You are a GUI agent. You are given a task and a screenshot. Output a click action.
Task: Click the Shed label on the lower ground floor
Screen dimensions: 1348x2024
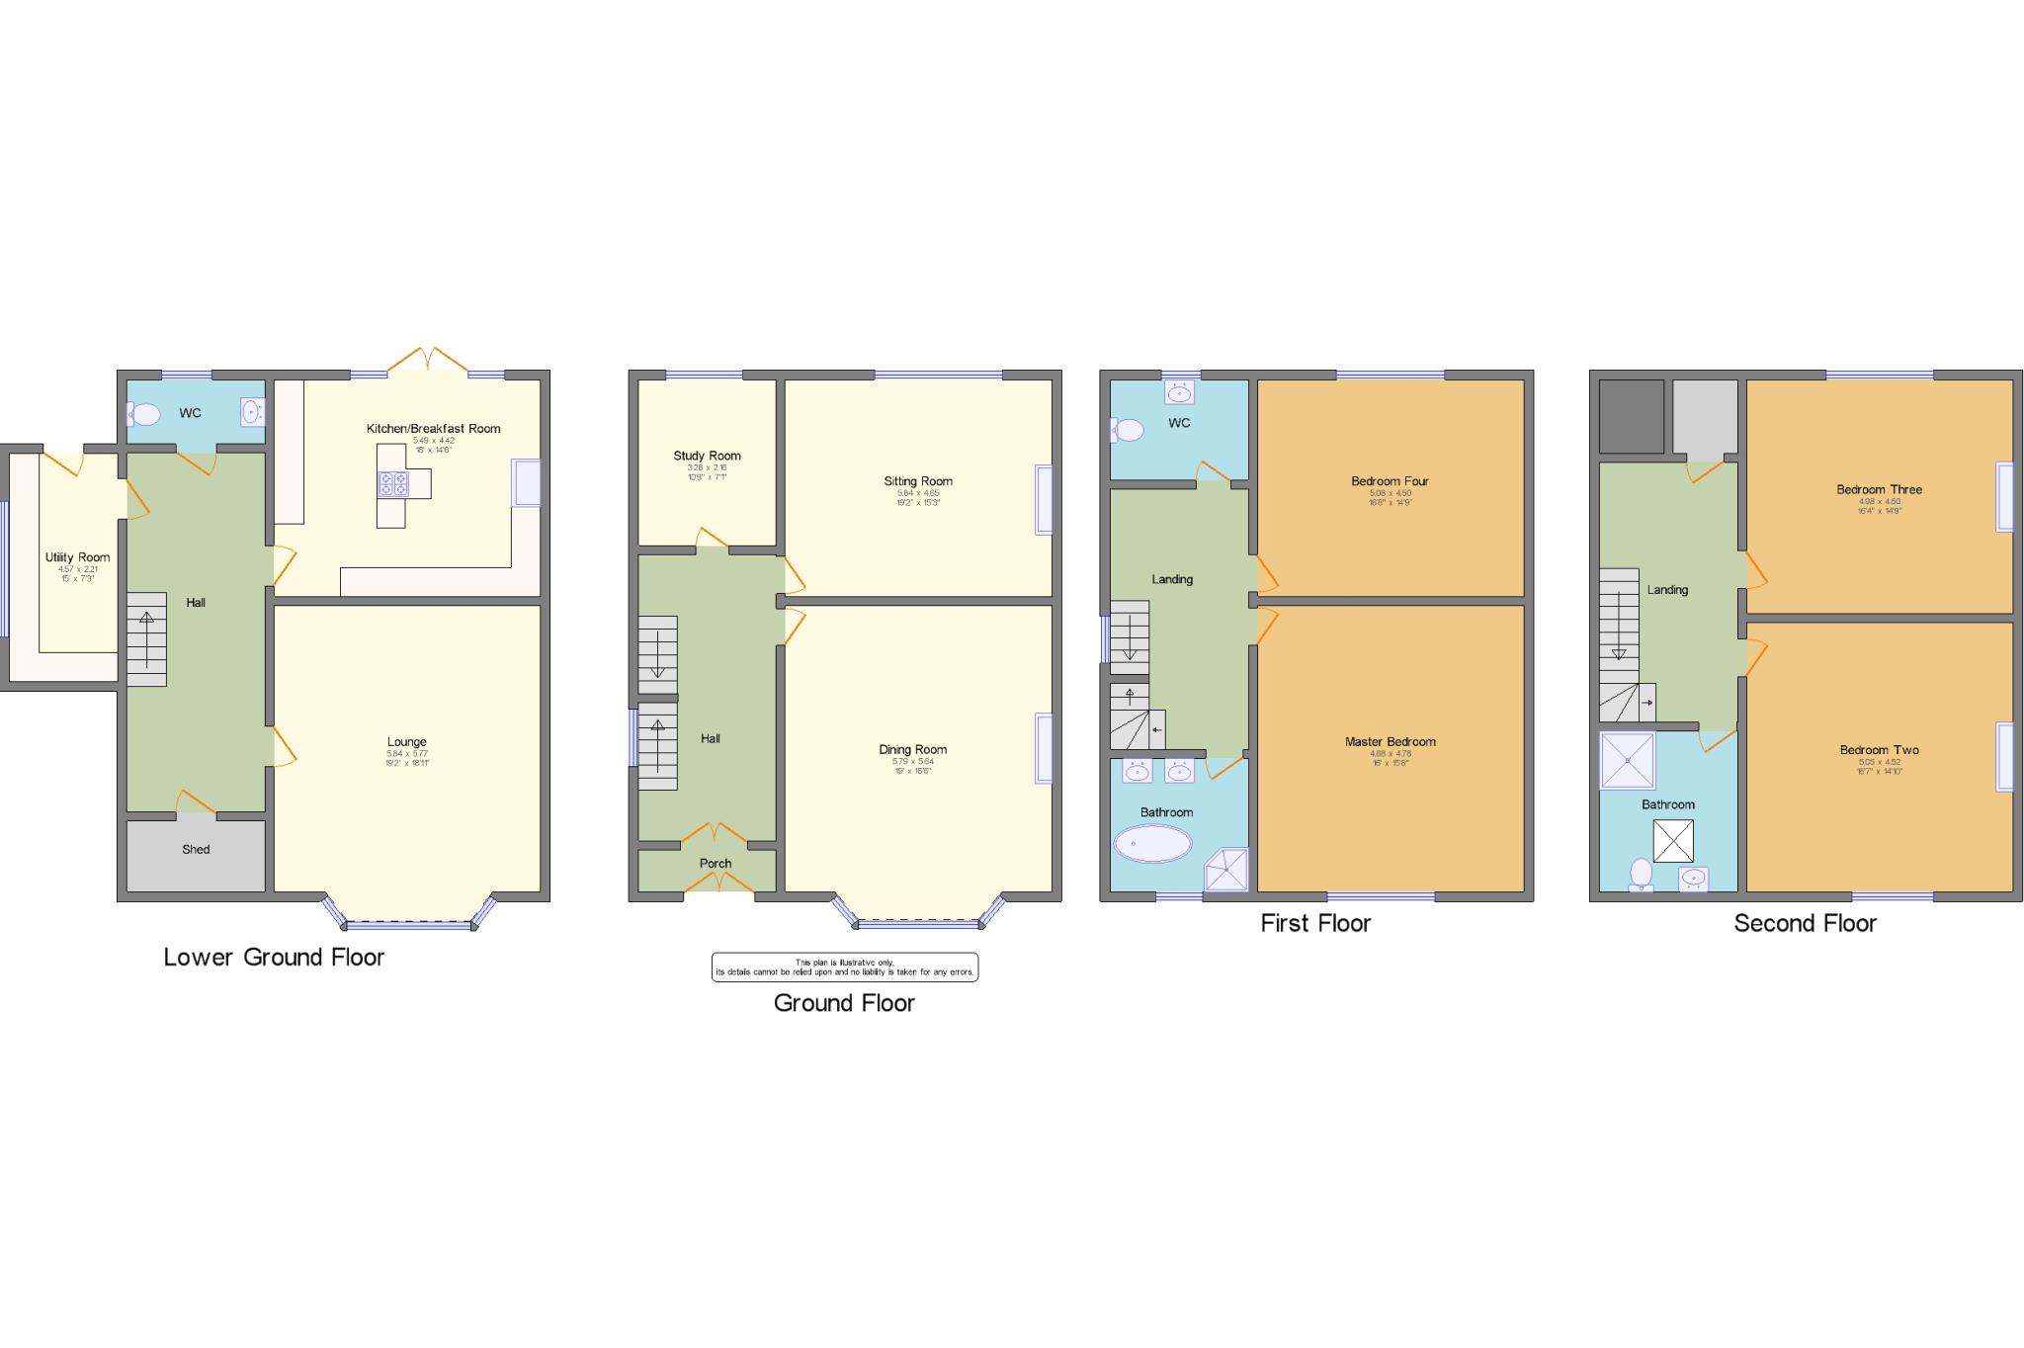196,849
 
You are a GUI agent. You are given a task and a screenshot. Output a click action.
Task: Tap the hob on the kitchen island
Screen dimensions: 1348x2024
393,483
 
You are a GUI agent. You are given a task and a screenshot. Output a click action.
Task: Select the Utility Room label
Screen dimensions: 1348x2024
77,557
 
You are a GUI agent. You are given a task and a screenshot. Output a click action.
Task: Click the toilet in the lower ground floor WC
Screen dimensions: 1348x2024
143,414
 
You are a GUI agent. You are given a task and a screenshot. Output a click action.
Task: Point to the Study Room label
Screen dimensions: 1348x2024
707,456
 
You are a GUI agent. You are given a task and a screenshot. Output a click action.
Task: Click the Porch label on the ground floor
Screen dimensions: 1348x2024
716,864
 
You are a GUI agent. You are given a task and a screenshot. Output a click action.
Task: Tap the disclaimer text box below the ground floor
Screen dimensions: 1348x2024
844,968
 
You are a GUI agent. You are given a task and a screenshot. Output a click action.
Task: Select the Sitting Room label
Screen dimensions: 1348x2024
918,481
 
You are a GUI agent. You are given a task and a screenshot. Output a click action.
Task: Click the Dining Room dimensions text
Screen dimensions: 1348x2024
912,766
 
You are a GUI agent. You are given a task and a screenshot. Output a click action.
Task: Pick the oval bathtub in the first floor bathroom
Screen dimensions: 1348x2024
1152,844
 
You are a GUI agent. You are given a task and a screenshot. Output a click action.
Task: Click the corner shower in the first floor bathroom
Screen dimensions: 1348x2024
1225,870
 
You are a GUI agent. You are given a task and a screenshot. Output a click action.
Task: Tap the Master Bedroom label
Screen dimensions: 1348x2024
1390,741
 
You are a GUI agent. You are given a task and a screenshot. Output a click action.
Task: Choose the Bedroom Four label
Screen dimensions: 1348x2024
1390,481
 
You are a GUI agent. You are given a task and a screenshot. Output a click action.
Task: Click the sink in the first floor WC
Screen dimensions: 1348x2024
1179,393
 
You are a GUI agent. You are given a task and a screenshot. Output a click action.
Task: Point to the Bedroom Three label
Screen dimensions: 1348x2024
1879,489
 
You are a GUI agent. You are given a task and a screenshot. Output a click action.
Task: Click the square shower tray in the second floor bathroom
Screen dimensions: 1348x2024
1627,760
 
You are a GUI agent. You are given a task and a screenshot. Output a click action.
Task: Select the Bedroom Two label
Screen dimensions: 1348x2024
1879,750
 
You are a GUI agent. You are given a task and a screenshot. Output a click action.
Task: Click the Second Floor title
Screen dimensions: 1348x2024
1805,923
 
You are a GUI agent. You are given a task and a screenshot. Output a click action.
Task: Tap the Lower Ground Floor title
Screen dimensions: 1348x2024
274,957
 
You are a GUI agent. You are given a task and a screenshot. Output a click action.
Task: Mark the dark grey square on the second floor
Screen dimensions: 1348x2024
1631,416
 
